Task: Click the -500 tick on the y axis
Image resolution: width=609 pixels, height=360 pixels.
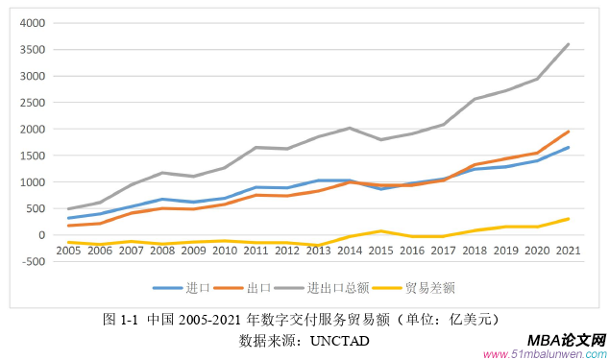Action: pyautogui.click(x=34, y=261)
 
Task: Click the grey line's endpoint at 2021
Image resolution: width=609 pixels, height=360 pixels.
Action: pyautogui.click(x=569, y=44)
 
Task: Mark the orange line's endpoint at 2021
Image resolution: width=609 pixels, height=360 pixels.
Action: pyautogui.click(x=569, y=132)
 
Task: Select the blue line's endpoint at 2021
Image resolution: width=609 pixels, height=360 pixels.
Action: pyautogui.click(x=569, y=147)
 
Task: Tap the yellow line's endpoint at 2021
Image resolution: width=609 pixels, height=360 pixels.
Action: pyautogui.click(x=569, y=219)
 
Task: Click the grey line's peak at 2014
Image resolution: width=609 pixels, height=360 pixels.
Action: pyautogui.click(x=349, y=128)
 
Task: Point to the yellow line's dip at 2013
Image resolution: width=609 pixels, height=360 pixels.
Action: pyautogui.click(x=317, y=246)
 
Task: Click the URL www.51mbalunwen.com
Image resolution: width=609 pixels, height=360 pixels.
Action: pyautogui.click(x=544, y=353)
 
